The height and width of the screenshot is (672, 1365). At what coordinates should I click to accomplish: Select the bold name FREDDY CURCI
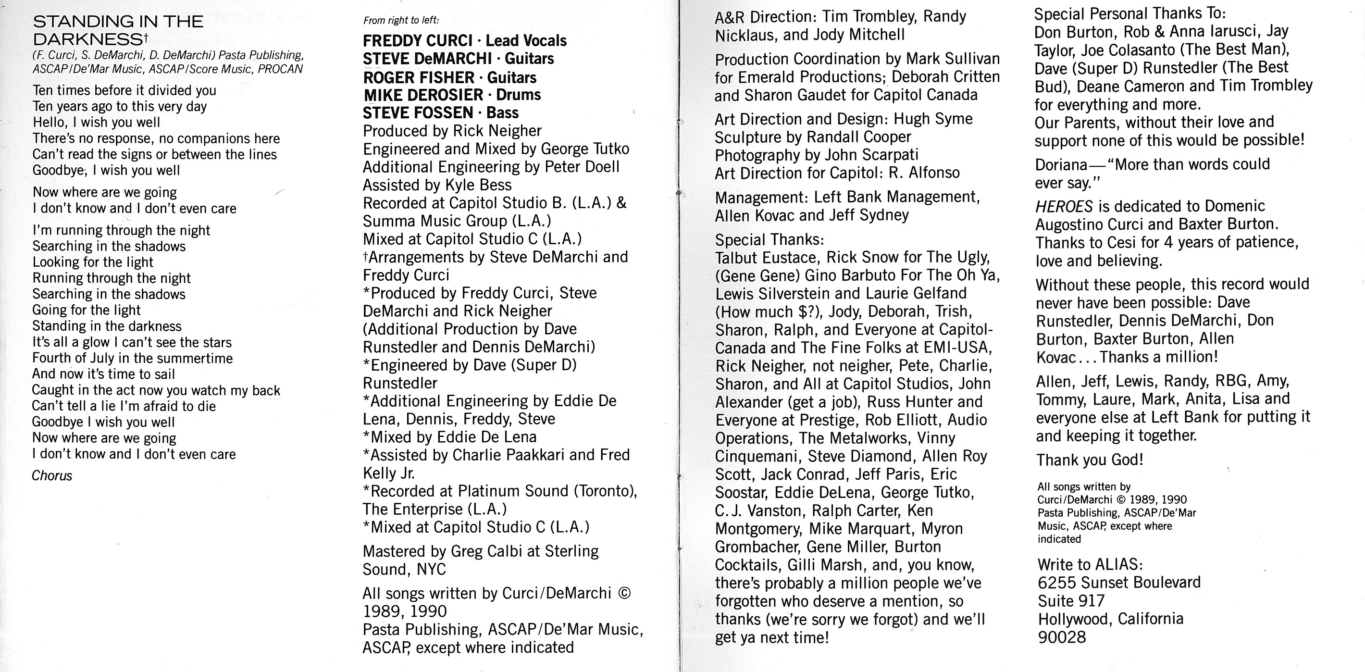point(417,41)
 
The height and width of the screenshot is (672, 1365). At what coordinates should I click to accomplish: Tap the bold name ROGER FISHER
point(418,78)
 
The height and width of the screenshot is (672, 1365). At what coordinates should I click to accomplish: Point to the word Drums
point(518,95)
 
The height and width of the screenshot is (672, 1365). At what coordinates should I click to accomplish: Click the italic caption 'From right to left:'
point(401,21)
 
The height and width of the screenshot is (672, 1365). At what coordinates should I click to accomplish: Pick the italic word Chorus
point(52,476)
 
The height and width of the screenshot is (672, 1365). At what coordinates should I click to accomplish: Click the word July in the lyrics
point(99,358)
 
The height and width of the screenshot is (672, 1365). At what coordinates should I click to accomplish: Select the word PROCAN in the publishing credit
point(280,69)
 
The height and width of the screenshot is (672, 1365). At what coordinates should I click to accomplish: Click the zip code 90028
point(1061,637)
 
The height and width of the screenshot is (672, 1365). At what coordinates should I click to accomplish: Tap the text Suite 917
point(1071,601)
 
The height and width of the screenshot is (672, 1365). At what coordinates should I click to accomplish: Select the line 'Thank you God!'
point(1090,460)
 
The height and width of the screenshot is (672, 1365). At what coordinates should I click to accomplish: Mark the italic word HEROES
point(1064,206)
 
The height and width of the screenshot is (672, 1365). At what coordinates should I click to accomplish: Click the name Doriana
point(1061,165)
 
